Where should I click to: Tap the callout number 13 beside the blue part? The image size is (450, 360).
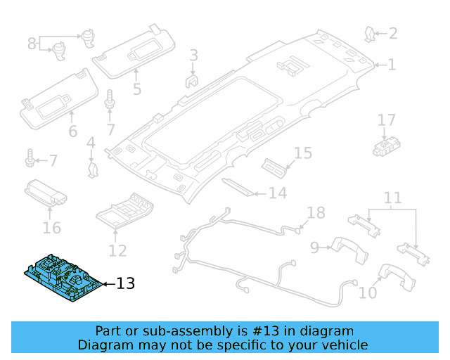pos(124,284)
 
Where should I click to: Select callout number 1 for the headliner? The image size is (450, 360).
pos(392,65)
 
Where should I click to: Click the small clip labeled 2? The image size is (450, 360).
pos(371,33)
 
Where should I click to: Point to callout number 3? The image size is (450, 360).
pos(193,55)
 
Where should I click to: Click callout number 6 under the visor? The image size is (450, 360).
pos(72,132)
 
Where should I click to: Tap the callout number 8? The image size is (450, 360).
pos(32,44)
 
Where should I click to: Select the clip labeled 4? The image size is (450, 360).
pos(91,167)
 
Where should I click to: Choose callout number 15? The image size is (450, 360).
pos(302,153)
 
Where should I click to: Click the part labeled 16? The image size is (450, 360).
pos(46,191)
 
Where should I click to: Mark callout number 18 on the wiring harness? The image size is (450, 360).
pos(316,213)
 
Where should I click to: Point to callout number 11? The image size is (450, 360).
pos(392,198)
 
